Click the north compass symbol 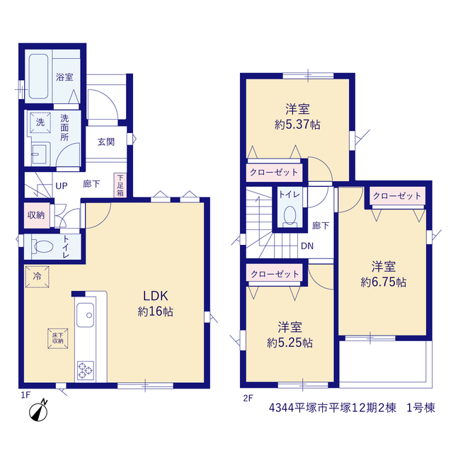pos(39,411)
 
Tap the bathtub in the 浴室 pos(38,76)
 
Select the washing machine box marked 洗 pos(40,122)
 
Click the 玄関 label pos(106,142)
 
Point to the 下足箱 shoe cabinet pos(120,185)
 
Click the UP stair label pos(62,185)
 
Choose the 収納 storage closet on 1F pos(36,215)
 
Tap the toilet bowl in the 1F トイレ pos(44,246)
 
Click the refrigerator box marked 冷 pos(37,277)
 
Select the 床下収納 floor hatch pos(58,338)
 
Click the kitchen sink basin pos(85,314)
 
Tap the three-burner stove pos(85,370)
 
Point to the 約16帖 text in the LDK pos(156,311)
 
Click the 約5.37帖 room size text pos(297,125)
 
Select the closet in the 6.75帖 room pos(398,196)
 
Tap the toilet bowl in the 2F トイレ pos(289,215)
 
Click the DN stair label pos(307,246)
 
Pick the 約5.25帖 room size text pos(289,343)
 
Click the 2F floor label pos(248,398)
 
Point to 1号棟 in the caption pos(420,408)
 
